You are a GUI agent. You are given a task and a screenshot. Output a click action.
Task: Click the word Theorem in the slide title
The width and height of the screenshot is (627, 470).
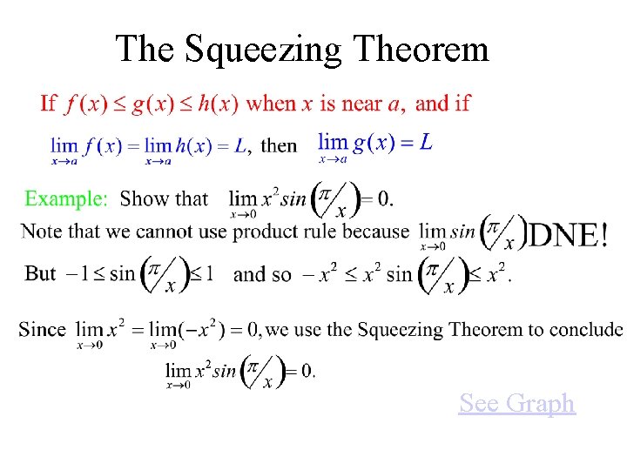[x=421, y=50]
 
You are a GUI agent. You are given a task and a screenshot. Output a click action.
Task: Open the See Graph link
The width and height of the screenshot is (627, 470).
[x=516, y=403]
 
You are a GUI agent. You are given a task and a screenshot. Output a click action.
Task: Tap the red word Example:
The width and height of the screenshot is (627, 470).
[x=66, y=198]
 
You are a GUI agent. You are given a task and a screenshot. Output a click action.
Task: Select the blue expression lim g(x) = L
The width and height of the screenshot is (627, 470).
[x=374, y=143]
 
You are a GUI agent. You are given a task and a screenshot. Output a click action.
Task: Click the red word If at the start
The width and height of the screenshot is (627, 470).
[x=49, y=104]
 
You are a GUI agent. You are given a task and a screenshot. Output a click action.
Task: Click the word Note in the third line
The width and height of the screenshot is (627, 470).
[x=41, y=232]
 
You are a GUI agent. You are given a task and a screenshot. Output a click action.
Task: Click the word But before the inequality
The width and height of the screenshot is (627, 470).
[x=41, y=273]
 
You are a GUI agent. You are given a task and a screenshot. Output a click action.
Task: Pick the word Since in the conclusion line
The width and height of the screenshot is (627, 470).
[x=42, y=330]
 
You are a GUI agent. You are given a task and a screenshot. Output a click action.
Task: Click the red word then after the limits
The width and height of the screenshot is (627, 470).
[x=279, y=145]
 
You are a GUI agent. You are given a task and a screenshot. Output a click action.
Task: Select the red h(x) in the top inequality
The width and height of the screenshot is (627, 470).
[x=218, y=104]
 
